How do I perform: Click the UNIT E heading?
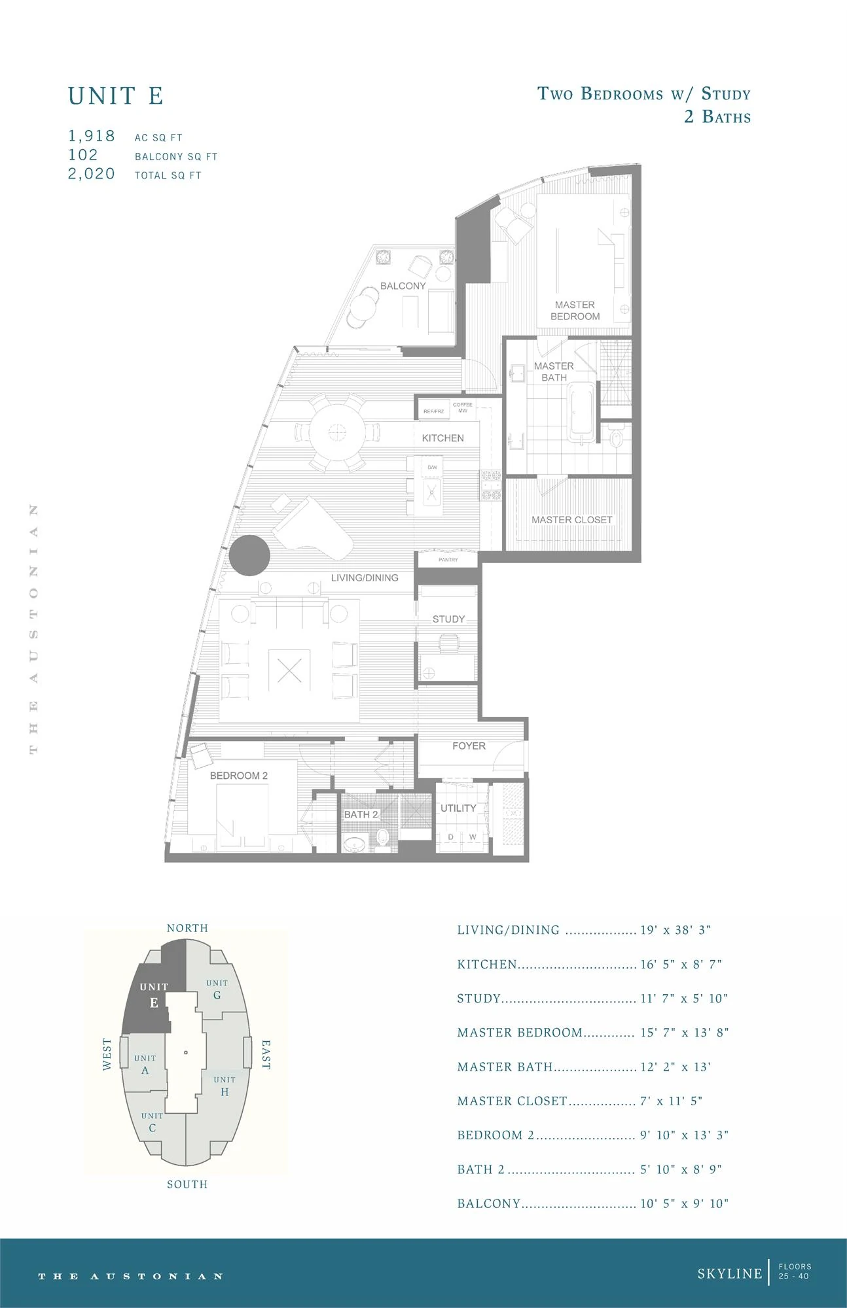pyautogui.click(x=116, y=96)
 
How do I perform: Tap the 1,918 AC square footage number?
pyautogui.click(x=92, y=136)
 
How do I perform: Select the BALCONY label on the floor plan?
pyautogui.click(x=403, y=286)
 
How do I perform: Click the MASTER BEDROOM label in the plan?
pyautogui.click(x=575, y=311)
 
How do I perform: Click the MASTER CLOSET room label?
pyautogui.click(x=572, y=520)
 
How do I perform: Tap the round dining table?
pyautogui.click(x=338, y=432)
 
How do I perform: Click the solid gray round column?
pyautogui.click(x=249, y=555)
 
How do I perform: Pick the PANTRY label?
pyautogui.click(x=448, y=560)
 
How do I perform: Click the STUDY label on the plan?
pyautogui.click(x=448, y=619)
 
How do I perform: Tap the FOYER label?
pyautogui.click(x=469, y=746)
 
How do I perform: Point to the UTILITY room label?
pyautogui.click(x=458, y=808)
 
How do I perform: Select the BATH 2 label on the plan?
pyautogui.click(x=361, y=814)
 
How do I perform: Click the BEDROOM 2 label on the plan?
pyautogui.click(x=239, y=776)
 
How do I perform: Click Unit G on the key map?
pyautogui.click(x=217, y=989)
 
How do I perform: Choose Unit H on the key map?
pyautogui.click(x=225, y=1086)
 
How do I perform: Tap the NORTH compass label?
pyautogui.click(x=187, y=928)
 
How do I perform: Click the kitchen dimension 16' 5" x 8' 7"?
pyautogui.click(x=681, y=964)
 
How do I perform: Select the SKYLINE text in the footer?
pyautogui.click(x=730, y=1273)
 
